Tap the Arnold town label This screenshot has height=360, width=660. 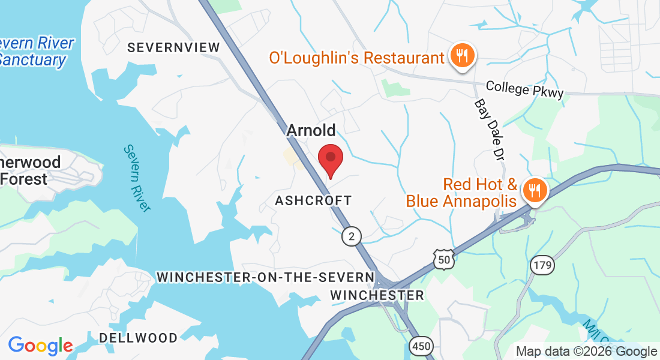[x=311, y=130]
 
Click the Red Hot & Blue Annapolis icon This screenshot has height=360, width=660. [x=533, y=191]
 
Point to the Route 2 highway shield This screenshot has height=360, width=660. [x=352, y=236]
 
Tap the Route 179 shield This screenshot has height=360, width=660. [x=542, y=264]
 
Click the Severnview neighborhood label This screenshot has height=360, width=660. [x=167, y=47]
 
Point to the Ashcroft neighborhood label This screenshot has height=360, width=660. [x=313, y=200]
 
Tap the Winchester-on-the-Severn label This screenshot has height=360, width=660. [x=265, y=277]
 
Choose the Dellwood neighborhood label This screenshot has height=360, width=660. [x=139, y=338]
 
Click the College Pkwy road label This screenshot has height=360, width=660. [x=525, y=89]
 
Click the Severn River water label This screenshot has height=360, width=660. [x=137, y=178]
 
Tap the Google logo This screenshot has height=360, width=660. [x=40, y=346]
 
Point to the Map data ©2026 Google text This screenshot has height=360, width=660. [x=586, y=352]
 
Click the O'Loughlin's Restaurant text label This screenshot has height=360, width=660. [x=356, y=58]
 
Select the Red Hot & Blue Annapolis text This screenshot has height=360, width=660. [x=461, y=192]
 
